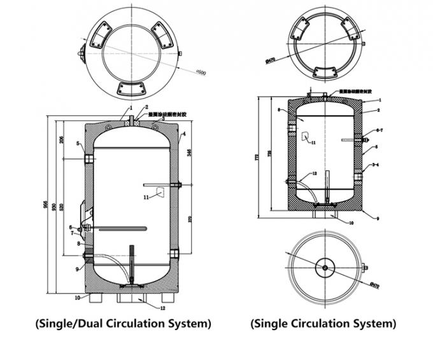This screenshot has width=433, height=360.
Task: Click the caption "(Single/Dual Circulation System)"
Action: (123, 323)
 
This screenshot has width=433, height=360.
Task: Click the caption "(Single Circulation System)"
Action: (323, 323)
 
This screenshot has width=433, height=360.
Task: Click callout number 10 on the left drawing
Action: (77, 297)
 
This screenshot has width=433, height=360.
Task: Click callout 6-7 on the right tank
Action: (380, 130)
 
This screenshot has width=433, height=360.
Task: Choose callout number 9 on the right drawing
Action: (378, 218)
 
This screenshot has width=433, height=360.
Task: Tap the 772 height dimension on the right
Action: (258, 157)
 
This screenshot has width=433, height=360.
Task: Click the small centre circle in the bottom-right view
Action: (325, 268)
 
